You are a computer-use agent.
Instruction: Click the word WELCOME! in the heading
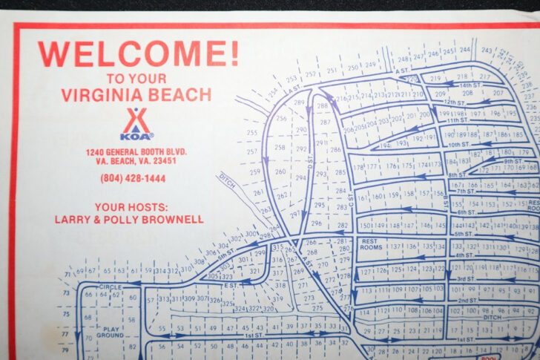click(138, 54)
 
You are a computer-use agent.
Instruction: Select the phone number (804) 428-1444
click(133, 178)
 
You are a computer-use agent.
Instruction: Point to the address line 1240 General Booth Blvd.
click(136, 151)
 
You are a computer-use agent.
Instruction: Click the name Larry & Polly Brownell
click(128, 219)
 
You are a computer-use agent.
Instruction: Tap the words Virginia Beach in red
click(136, 95)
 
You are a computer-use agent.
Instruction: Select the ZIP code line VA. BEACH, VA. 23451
click(136, 160)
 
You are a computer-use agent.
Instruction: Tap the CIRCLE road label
click(110, 287)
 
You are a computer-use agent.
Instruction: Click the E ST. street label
click(231, 284)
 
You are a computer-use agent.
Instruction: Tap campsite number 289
click(299, 103)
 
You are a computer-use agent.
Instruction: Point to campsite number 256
click(281, 118)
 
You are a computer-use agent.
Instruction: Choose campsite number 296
click(317, 223)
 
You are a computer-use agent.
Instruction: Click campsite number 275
click(317, 308)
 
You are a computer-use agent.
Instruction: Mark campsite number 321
click(254, 272)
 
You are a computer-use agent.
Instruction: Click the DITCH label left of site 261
click(228, 183)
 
